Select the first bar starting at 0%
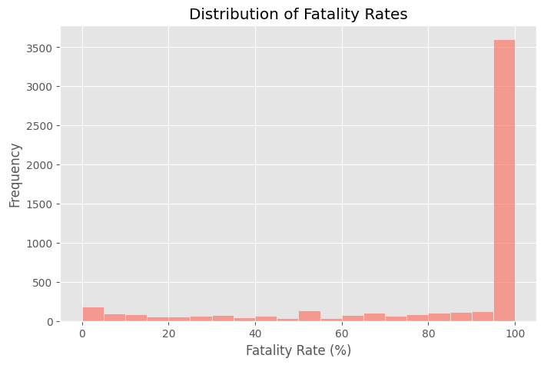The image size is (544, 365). (x=93, y=314)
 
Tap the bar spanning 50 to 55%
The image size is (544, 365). (x=310, y=316)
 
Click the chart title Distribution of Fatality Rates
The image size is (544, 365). (x=299, y=14)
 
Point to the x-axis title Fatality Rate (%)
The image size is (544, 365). (x=299, y=350)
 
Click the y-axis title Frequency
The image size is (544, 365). (x=15, y=174)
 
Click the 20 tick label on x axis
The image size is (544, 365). (x=169, y=333)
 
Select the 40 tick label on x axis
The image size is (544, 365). (x=255, y=333)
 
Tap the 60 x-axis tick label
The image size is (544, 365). (x=342, y=333)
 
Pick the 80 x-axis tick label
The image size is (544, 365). (x=429, y=333)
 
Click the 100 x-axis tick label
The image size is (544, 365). (x=515, y=333)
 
